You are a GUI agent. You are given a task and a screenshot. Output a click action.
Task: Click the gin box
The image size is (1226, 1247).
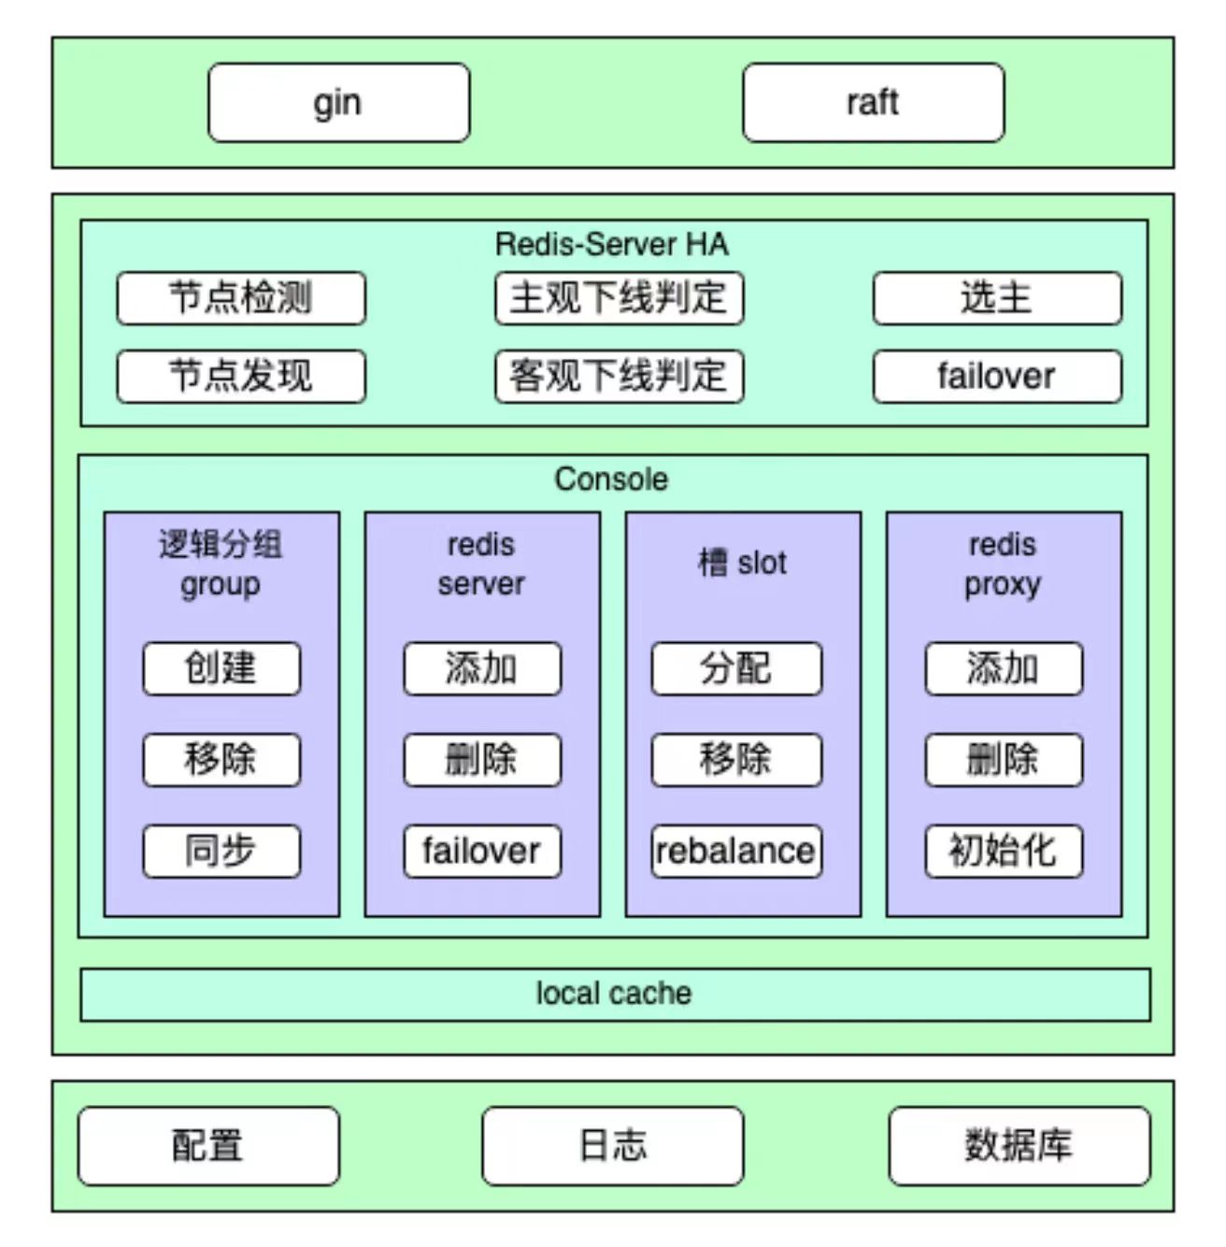pos(338,103)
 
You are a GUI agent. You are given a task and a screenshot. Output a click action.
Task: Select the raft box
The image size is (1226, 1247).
pos(873,103)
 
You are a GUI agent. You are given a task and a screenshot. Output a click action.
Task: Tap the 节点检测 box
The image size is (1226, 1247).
pos(241,298)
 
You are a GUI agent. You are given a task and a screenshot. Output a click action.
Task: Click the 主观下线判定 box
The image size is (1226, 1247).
pos(619,298)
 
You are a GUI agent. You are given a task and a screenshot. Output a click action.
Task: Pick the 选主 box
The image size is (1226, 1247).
pos(996,298)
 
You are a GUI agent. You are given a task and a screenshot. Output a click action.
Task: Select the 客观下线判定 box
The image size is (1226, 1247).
pos(619,377)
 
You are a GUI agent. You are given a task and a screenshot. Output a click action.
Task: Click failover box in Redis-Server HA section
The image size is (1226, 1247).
pos(996,377)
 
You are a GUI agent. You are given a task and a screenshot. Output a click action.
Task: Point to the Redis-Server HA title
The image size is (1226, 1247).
pos(612,244)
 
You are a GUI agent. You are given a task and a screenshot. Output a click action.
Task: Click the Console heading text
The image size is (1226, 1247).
pos(612,479)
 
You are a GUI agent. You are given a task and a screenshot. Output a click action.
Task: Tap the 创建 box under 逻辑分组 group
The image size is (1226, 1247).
pos(221,668)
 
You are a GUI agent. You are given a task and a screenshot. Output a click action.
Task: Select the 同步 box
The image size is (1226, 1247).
pos(221,851)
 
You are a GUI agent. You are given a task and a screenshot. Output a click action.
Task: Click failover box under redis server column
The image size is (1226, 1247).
pos(482,851)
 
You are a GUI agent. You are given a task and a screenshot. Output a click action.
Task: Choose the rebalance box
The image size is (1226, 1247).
pos(736,851)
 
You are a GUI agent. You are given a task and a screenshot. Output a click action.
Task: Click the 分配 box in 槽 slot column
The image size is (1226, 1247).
pos(736,668)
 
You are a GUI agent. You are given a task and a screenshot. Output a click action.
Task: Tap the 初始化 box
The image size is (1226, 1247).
pos(1004,851)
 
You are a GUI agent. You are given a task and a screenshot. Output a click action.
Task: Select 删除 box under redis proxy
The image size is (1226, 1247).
pos(1004,759)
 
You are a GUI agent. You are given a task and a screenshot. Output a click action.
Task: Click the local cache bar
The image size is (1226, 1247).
pos(614,994)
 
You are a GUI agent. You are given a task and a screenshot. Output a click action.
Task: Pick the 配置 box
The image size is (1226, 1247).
pos(208,1146)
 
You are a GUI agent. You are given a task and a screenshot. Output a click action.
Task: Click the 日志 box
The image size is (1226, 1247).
pos(613,1146)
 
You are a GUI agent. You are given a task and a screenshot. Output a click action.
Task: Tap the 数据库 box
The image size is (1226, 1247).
pos(1019,1146)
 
